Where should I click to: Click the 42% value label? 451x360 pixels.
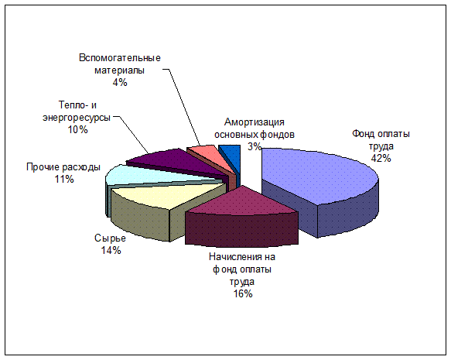(x=381, y=158)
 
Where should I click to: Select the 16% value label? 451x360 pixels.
(x=243, y=294)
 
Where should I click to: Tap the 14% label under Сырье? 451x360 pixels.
(x=111, y=250)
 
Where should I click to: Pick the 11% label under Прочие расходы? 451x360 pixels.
(x=64, y=180)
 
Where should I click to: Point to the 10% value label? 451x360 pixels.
(x=77, y=130)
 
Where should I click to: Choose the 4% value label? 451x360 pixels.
(x=120, y=83)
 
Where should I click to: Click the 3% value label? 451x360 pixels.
(x=255, y=147)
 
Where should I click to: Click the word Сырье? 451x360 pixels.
(x=110, y=238)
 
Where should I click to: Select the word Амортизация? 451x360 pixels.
(x=255, y=122)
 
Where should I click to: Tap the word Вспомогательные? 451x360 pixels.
(x=120, y=58)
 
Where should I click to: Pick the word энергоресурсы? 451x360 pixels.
(x=77, y=118)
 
